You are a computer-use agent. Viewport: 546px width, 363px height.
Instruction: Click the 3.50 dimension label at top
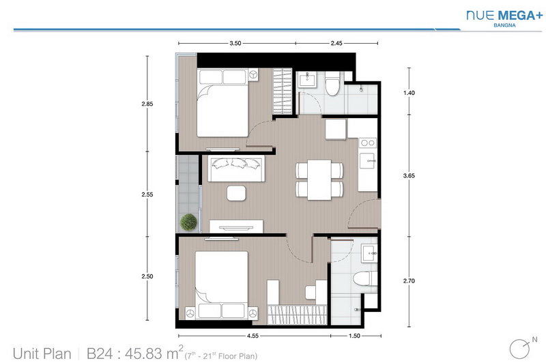coord(235,43)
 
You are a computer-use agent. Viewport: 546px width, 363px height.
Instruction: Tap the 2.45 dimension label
coord(336,43)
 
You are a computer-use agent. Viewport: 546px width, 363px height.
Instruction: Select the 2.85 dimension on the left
coord(147,104)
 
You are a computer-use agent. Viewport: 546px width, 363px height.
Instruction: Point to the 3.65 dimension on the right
coord(409,176)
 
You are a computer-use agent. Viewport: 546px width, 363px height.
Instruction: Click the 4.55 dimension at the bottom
coord(253,336)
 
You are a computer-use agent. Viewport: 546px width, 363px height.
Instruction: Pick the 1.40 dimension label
coord(409,93)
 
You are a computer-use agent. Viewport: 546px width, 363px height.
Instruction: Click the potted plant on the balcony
coord(189,222)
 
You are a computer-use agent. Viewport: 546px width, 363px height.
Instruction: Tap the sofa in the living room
coord(236,169)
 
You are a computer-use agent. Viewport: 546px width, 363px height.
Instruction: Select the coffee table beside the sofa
coord(236,193)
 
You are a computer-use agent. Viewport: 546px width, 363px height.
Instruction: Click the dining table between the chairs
coord(319,180)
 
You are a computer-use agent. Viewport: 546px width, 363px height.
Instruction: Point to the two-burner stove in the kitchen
coord(368,143)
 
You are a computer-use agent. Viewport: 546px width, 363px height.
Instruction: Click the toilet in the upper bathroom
coord(332,83)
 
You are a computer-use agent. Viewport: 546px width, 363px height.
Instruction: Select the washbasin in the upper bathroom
coord(307,79)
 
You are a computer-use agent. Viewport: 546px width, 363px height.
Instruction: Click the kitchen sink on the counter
coord(367,161)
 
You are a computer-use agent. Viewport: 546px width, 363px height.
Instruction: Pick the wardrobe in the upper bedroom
coord(283,91)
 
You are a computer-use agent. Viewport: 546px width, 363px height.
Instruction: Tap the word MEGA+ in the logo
coord(521,15)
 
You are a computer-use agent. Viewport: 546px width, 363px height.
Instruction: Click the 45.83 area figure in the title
coord(143,353)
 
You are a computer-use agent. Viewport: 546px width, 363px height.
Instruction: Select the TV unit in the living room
coord(236,227)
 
